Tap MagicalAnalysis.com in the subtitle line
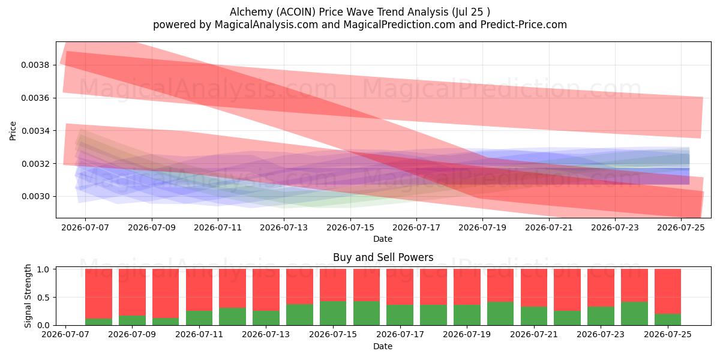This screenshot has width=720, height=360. pyautogui.click(x=266, y=25)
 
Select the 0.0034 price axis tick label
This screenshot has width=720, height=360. pyautogui.click(x=35, y=131)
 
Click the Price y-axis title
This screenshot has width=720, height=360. pyautogui.click(x=13, y=131)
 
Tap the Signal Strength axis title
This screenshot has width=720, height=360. pyautogui.click(x=28, y=296)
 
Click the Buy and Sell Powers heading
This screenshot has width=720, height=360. pyautogui.click(x=383, y=257)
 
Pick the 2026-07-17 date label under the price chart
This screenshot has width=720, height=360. pyautogui.click(x=416, y=227)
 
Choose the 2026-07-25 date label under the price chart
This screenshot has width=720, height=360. pyautogui.click(x=681, y=227)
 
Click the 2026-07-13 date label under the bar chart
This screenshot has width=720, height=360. pyautogui.click(x=266, y=334)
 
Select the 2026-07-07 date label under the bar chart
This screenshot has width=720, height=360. pyautogui.click(x=65, y=334)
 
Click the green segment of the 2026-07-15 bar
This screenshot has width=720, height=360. pyautogui.click(x=333, y=313)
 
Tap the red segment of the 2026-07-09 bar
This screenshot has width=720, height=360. pyautogui.click(x=132, y=292)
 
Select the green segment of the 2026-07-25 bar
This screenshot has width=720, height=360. pyautogui.click(x=668, y=319)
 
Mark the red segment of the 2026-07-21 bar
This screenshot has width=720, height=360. pyautogui.click(x=534, y=287)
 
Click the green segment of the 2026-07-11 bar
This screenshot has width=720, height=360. pyautogui.click(x=199, y=318)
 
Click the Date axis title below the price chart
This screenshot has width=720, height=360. pyautogui.click(x=383, y=239)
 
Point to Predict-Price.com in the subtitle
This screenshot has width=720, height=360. pyautogui.click(x=524, y=25)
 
